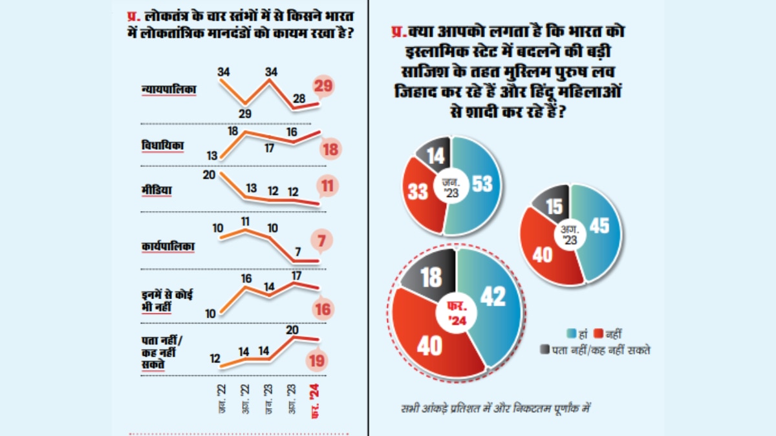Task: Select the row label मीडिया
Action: click(157, 191)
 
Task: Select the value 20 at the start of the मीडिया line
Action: click(208, 174)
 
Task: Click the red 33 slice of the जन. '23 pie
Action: click(420, 192)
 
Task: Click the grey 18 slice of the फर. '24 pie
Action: click(431, 277)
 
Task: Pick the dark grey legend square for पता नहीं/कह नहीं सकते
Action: click(544, 350)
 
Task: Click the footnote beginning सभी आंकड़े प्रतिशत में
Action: click(495, 408)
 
